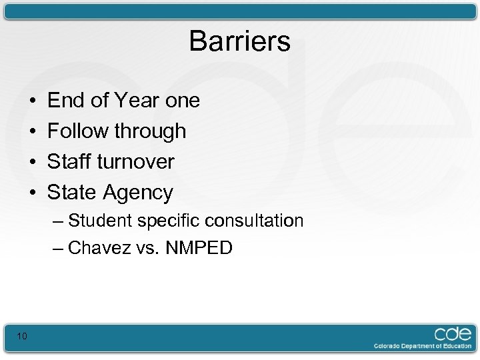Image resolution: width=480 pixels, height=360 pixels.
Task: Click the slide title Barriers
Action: (x=239, y=41)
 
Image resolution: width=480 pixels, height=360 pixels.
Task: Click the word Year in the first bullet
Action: (x=137, y=101)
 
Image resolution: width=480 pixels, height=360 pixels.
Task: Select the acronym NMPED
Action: (x=199, y=249)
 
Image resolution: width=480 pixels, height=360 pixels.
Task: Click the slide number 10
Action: (x=22, y=336)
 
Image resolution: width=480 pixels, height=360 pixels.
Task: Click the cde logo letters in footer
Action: (x=453, y=333)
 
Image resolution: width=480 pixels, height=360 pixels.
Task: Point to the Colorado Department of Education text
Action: (x=422, y=346)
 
